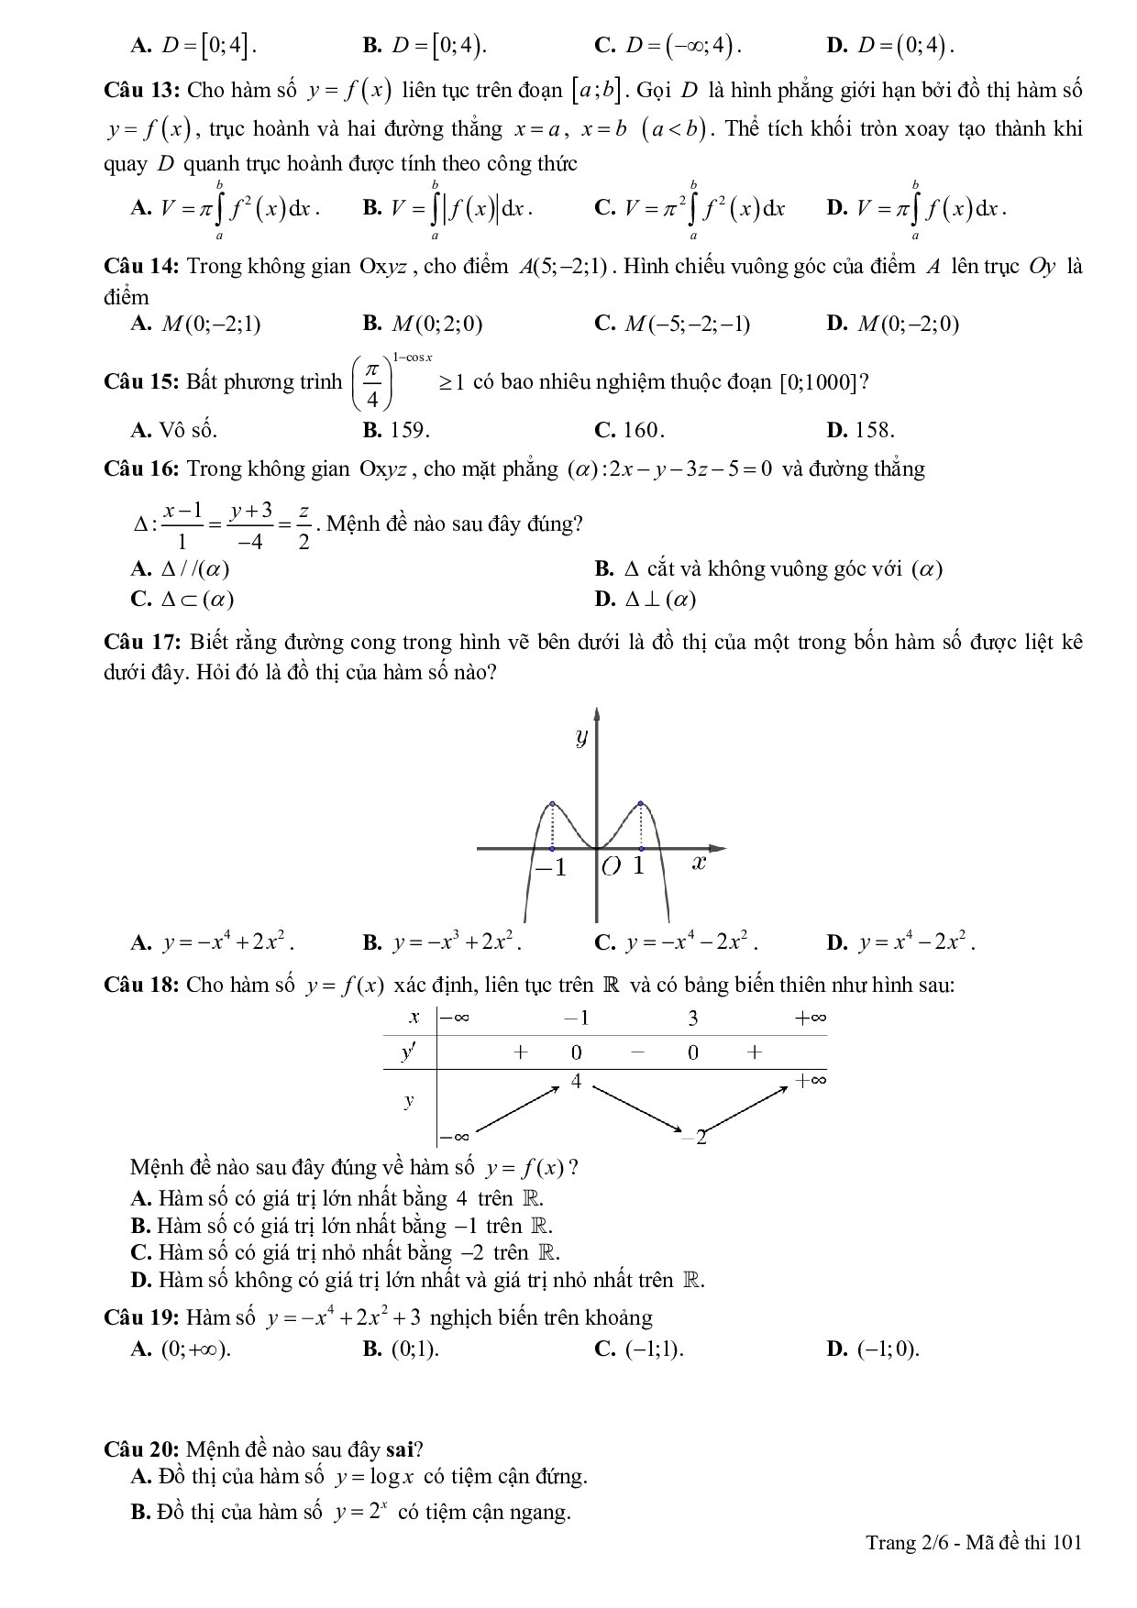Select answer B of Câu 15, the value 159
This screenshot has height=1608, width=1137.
pos(396,430)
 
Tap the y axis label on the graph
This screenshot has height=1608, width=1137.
pos(580,736)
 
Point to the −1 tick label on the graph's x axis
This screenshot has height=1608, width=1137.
pos(551,867)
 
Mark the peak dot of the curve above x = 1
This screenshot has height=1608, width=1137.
pos(640,803)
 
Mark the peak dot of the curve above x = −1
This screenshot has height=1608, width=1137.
pos(552,803)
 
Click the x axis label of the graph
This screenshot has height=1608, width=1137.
pos(698,862)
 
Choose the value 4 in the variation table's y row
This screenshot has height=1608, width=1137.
pos(576,1082)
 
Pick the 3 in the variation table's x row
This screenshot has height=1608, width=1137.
pos(692,1018)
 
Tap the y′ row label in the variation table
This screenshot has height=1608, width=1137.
pos(408,1052)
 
